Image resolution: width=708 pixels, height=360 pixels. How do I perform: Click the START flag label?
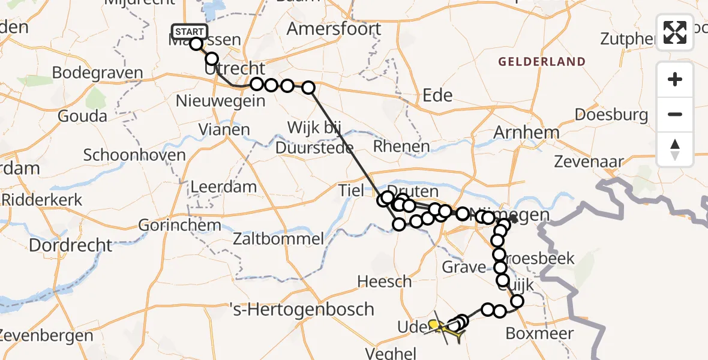[x=190, y=32]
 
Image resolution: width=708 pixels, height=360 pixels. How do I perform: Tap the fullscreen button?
[x=675, y=32]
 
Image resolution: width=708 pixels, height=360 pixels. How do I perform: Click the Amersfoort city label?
[x=334, y=28]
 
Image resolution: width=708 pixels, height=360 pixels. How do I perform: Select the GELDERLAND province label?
[x=541, y=61]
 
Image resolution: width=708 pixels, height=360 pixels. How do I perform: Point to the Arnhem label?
[x=527, y=132]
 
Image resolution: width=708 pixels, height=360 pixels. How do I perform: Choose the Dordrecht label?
[x=70, y=245]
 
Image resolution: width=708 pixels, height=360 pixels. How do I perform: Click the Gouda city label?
[x=82, y=116]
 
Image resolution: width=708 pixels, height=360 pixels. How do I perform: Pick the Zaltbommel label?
[x=289, y=239]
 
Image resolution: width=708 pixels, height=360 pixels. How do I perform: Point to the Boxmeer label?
[x=540, y=333]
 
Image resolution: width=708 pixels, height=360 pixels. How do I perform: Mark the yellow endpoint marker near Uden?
[x=433, y=324]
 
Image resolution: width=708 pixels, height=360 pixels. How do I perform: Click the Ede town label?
[x=437, y=95]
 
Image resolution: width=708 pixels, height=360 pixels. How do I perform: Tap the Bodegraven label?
[x=97, y=73]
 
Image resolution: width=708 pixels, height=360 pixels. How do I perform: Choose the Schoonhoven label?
[x=134, y=155]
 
